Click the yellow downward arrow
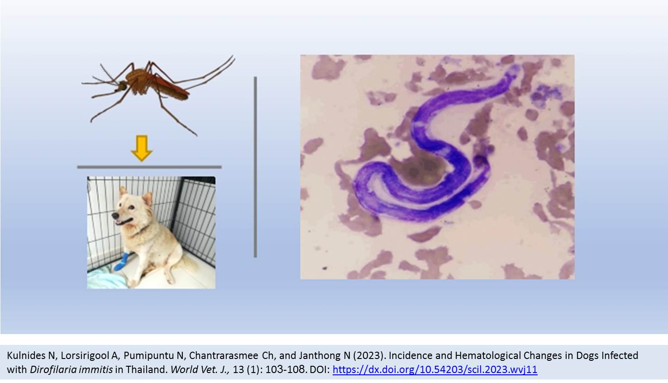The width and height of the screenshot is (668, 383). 142,148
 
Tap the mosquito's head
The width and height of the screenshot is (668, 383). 122,86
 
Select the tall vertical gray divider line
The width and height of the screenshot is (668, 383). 255,167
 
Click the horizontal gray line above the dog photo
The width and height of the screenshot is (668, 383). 149,167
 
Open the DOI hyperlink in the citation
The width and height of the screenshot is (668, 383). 435,369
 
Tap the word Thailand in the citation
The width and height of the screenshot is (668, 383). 146,369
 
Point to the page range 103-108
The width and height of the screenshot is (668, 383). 286,369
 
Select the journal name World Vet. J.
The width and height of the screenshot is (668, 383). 200,369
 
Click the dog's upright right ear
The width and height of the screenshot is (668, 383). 148,198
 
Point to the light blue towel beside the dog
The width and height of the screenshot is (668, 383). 105,278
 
